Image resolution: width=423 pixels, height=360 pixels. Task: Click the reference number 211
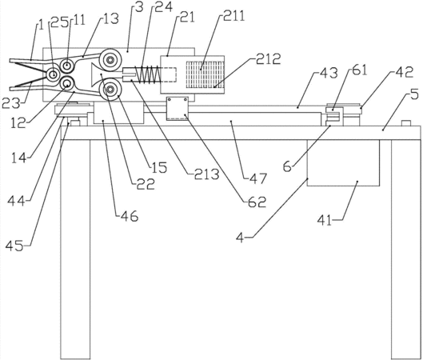(234, 16)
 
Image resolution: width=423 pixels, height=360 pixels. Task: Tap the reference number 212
(269, 59)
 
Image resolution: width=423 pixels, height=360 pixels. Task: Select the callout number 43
(328, 73)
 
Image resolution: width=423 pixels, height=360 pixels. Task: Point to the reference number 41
(324, 220)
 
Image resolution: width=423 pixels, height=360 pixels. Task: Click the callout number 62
(257, 202)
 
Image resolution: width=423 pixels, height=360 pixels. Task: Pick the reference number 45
(15, 246)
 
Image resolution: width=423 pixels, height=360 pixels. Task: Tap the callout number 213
(207, 174)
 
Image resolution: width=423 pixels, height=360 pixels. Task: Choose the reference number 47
(258, 178)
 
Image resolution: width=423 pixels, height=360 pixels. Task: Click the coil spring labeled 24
(149, 74)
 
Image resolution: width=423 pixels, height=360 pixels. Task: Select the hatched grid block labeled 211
(205, 74)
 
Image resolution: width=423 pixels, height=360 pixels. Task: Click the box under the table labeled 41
(343, 162)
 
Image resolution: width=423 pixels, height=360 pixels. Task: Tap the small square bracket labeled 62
(178, 108)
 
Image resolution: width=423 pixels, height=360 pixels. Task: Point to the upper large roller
(110, 60)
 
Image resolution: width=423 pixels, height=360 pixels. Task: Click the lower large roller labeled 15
(110, 89)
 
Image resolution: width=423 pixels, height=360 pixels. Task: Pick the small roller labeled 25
(53, 74)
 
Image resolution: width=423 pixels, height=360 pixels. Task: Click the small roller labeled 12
(66, 83)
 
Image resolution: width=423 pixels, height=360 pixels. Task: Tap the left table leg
(75, 249)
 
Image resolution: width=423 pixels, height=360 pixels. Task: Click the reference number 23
(11, 103)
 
